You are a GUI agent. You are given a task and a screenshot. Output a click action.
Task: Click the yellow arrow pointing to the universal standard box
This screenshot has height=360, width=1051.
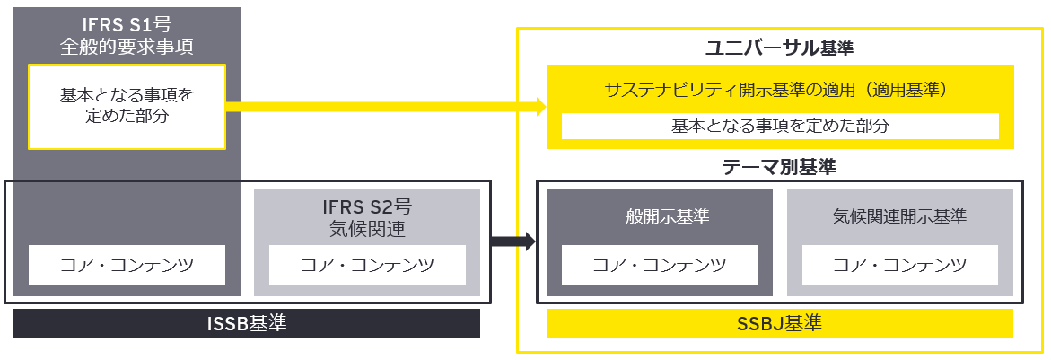[x=386, y=107]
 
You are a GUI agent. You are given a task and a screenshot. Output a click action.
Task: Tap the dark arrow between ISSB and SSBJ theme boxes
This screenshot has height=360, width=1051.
[x=512, y=241]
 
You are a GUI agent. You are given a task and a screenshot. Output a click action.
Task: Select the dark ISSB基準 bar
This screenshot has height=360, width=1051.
[x=247, y=323]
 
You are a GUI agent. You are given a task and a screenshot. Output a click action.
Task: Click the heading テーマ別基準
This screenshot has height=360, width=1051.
[x=779, y=167]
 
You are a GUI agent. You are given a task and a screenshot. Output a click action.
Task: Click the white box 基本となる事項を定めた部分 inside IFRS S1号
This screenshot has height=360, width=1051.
[x=127, y=106]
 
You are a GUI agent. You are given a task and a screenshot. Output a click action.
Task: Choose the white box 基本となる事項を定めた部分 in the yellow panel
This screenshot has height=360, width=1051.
[x=780, y=126]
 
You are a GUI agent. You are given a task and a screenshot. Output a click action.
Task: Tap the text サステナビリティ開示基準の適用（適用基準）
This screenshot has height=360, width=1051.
[x=777, y=90]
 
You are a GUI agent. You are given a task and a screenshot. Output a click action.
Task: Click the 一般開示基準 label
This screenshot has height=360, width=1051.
[x=659, y=216]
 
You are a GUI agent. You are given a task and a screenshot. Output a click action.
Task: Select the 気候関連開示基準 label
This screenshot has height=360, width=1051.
[x=899, y=216]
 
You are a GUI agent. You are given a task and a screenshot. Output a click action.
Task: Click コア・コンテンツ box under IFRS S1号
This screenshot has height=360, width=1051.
[x=127, y=265]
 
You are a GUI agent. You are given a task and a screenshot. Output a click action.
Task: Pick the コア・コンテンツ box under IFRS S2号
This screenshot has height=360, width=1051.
[x=367, y=265]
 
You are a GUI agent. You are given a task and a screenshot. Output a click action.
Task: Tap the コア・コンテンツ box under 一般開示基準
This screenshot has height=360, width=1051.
[x=659, y=265]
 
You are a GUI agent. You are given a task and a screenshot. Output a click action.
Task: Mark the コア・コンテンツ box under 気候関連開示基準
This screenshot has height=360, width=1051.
[x=899, y=265]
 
